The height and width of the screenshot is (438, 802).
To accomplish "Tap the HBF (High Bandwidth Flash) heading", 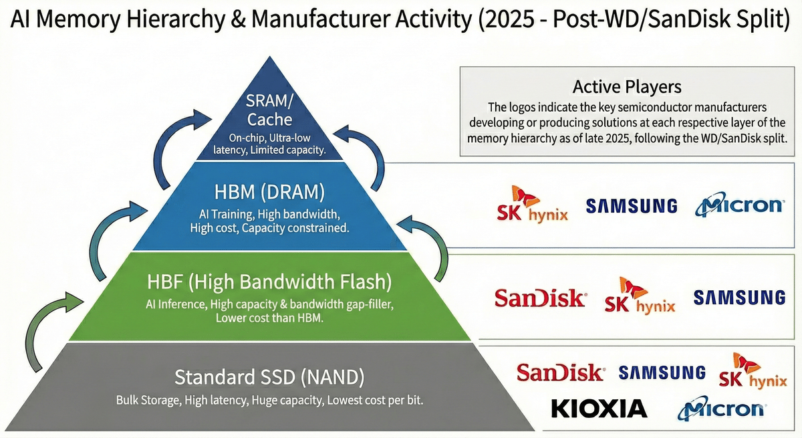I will click(x=269, y=282).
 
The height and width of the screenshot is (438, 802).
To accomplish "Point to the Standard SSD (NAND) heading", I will click(x=269, y=377).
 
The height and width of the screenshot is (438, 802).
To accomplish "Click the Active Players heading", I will click(x=627, y=87).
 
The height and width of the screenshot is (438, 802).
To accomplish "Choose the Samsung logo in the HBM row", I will click(x=632, y=205).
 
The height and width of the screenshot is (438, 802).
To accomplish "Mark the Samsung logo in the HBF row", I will click(x=739, y=298).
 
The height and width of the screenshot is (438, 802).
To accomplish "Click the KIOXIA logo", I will click(x=599, y=408).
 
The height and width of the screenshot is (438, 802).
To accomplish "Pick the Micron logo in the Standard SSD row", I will click(x=720, y=408).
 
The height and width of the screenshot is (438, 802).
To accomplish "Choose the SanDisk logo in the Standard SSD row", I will click(x=561, y=372).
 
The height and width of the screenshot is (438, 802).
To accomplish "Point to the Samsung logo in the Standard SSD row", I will click(x=662, y=372).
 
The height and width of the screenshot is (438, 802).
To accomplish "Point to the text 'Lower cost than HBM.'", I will click(x=269, y=318).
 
